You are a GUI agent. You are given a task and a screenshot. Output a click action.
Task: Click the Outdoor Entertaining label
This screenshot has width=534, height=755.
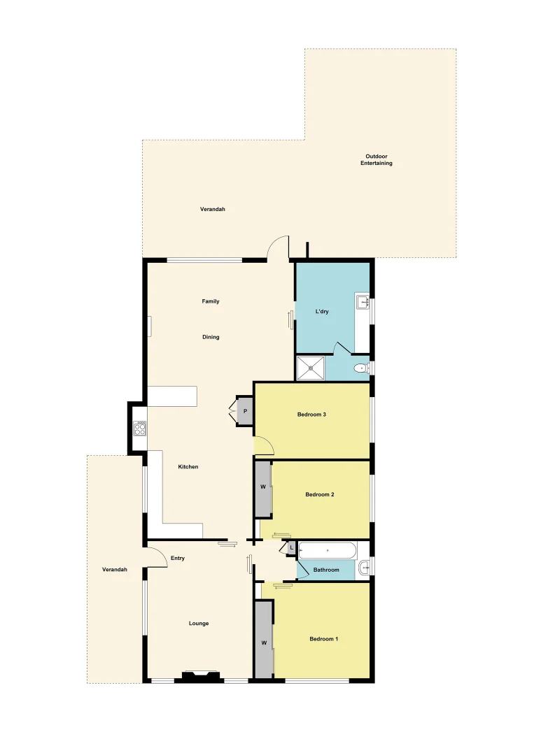pyautogui.click(x=376, y=159)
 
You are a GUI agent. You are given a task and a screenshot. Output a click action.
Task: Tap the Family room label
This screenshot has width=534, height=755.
pyautogui.click(x=211, y=301)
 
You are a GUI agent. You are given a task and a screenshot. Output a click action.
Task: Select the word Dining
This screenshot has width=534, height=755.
pyautogui.click(x=211, y=337)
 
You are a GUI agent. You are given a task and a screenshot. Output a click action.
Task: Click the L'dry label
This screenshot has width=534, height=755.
pyautogui.click(x=322, y=311)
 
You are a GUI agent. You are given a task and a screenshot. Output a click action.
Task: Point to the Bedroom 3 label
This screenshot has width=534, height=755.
pyautogui.click(x=311, y=415)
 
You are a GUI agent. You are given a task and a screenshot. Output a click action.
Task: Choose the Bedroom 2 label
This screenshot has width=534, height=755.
pyautogui.click(x=319, y=494)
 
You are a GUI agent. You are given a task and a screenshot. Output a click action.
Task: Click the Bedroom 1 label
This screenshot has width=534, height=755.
pyautogui.click(x=323, y=638)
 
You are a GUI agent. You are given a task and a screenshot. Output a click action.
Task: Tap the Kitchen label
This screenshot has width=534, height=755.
pyautogui.click(x=188, y=467)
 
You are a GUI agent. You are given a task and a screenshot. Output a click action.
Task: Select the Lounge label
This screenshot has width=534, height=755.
pyautogui.click(x=199, y=624)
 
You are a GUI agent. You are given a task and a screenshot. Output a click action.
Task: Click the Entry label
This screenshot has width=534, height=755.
pyautogui.click(x=178, y=558)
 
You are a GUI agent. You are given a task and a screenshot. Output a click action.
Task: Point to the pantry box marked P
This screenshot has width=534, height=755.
pyautogui.click(x=245, y=412)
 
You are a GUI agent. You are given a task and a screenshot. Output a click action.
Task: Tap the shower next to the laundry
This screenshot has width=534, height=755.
pyautogui.click(x=311, y=368)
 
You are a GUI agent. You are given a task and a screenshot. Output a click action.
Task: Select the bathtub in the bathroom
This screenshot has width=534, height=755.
pyautogui.click(x=328, y=551)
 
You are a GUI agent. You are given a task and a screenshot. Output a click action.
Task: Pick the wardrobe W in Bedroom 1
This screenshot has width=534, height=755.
pyautogui.click(x=264, y=642)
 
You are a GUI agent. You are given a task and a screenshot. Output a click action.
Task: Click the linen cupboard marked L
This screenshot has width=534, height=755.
pyautogui.click(x=291, y=548)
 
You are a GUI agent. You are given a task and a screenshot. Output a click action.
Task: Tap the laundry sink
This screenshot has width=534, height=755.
pyautogui.click(x=363, y=303)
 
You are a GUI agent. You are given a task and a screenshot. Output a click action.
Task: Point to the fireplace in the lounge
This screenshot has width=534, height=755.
pyautogui.click(x=199, y=676)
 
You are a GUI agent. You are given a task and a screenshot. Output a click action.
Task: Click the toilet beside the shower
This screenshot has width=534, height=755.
pyautogui.click(x=361, y=368)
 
